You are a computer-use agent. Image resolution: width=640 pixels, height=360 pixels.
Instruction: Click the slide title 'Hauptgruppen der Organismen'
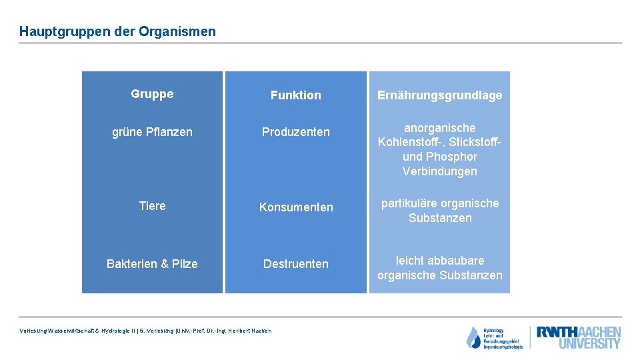click(117, 31)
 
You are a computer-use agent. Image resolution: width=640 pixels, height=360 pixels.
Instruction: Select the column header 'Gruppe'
click(152, 94)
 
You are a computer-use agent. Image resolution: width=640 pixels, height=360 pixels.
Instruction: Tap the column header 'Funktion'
click(295, 95)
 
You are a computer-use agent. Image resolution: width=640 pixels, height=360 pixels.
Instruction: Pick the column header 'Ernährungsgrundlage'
click(439, 95)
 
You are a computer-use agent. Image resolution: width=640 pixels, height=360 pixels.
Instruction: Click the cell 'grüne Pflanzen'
click(152, 132)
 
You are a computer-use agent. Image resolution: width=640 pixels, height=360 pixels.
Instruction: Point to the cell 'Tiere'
click(152, 206)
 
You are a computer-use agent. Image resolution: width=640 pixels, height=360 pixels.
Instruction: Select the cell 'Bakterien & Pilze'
click(152, 264)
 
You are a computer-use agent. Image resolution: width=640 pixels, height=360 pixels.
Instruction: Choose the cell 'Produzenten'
click(295, 132)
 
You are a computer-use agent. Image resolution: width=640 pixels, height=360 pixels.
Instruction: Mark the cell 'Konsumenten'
click(295, 207)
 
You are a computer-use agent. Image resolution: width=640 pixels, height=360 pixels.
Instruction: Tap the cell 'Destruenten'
click(295, 264)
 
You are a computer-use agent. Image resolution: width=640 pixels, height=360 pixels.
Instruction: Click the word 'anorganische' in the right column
click(440, 127)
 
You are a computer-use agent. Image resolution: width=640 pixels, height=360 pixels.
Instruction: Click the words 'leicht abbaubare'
click(440, 260)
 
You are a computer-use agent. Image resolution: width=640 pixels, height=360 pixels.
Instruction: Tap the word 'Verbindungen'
click(440, 171)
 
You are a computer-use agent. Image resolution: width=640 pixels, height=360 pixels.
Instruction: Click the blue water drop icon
click(473, 338)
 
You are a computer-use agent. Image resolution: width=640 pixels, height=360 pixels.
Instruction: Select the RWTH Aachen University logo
click(579, 337)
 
